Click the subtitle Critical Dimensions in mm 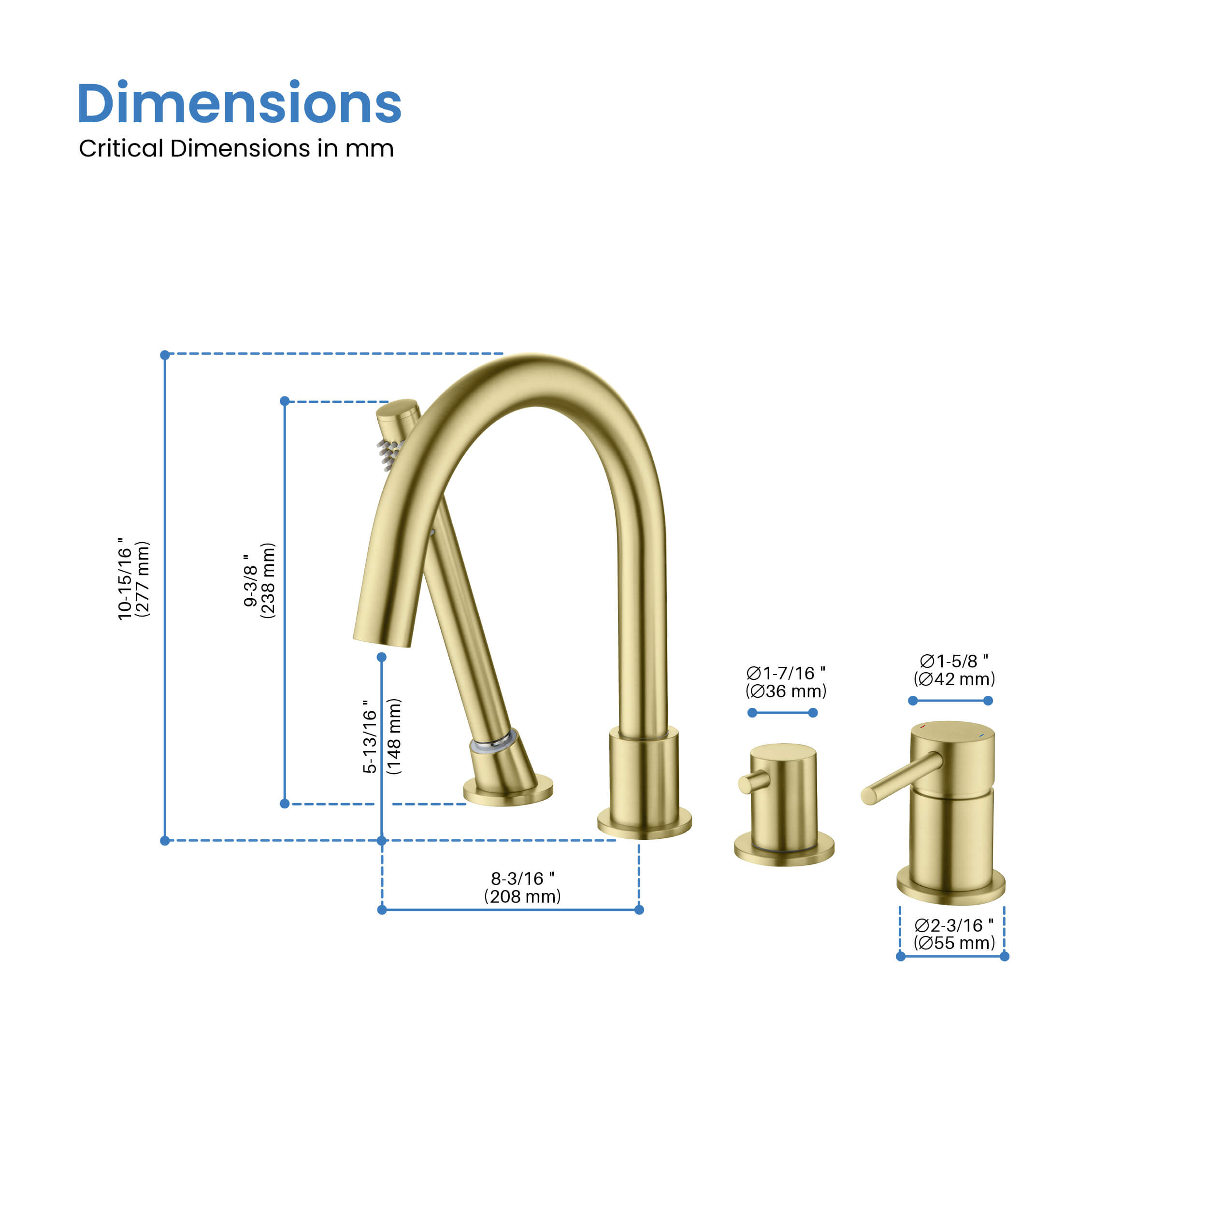pyautogui.click(x=236, y=149)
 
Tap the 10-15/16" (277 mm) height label pyautogui.click(x=133, y=579)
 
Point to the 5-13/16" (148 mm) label pyautogui.click(x=381, y=736)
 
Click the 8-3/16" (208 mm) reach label pyautogui.click(x=522, y=887)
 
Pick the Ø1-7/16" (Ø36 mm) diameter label pyautogui.click(x=785, y=682)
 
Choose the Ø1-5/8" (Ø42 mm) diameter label pyautogui.click(x=953, y=670)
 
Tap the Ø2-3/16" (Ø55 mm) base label pyautogui.click(x=953, y=934)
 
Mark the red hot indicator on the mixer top pyautogui.click(x=923, y=727)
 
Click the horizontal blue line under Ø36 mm pyautogui.click(x=782, y=713)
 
